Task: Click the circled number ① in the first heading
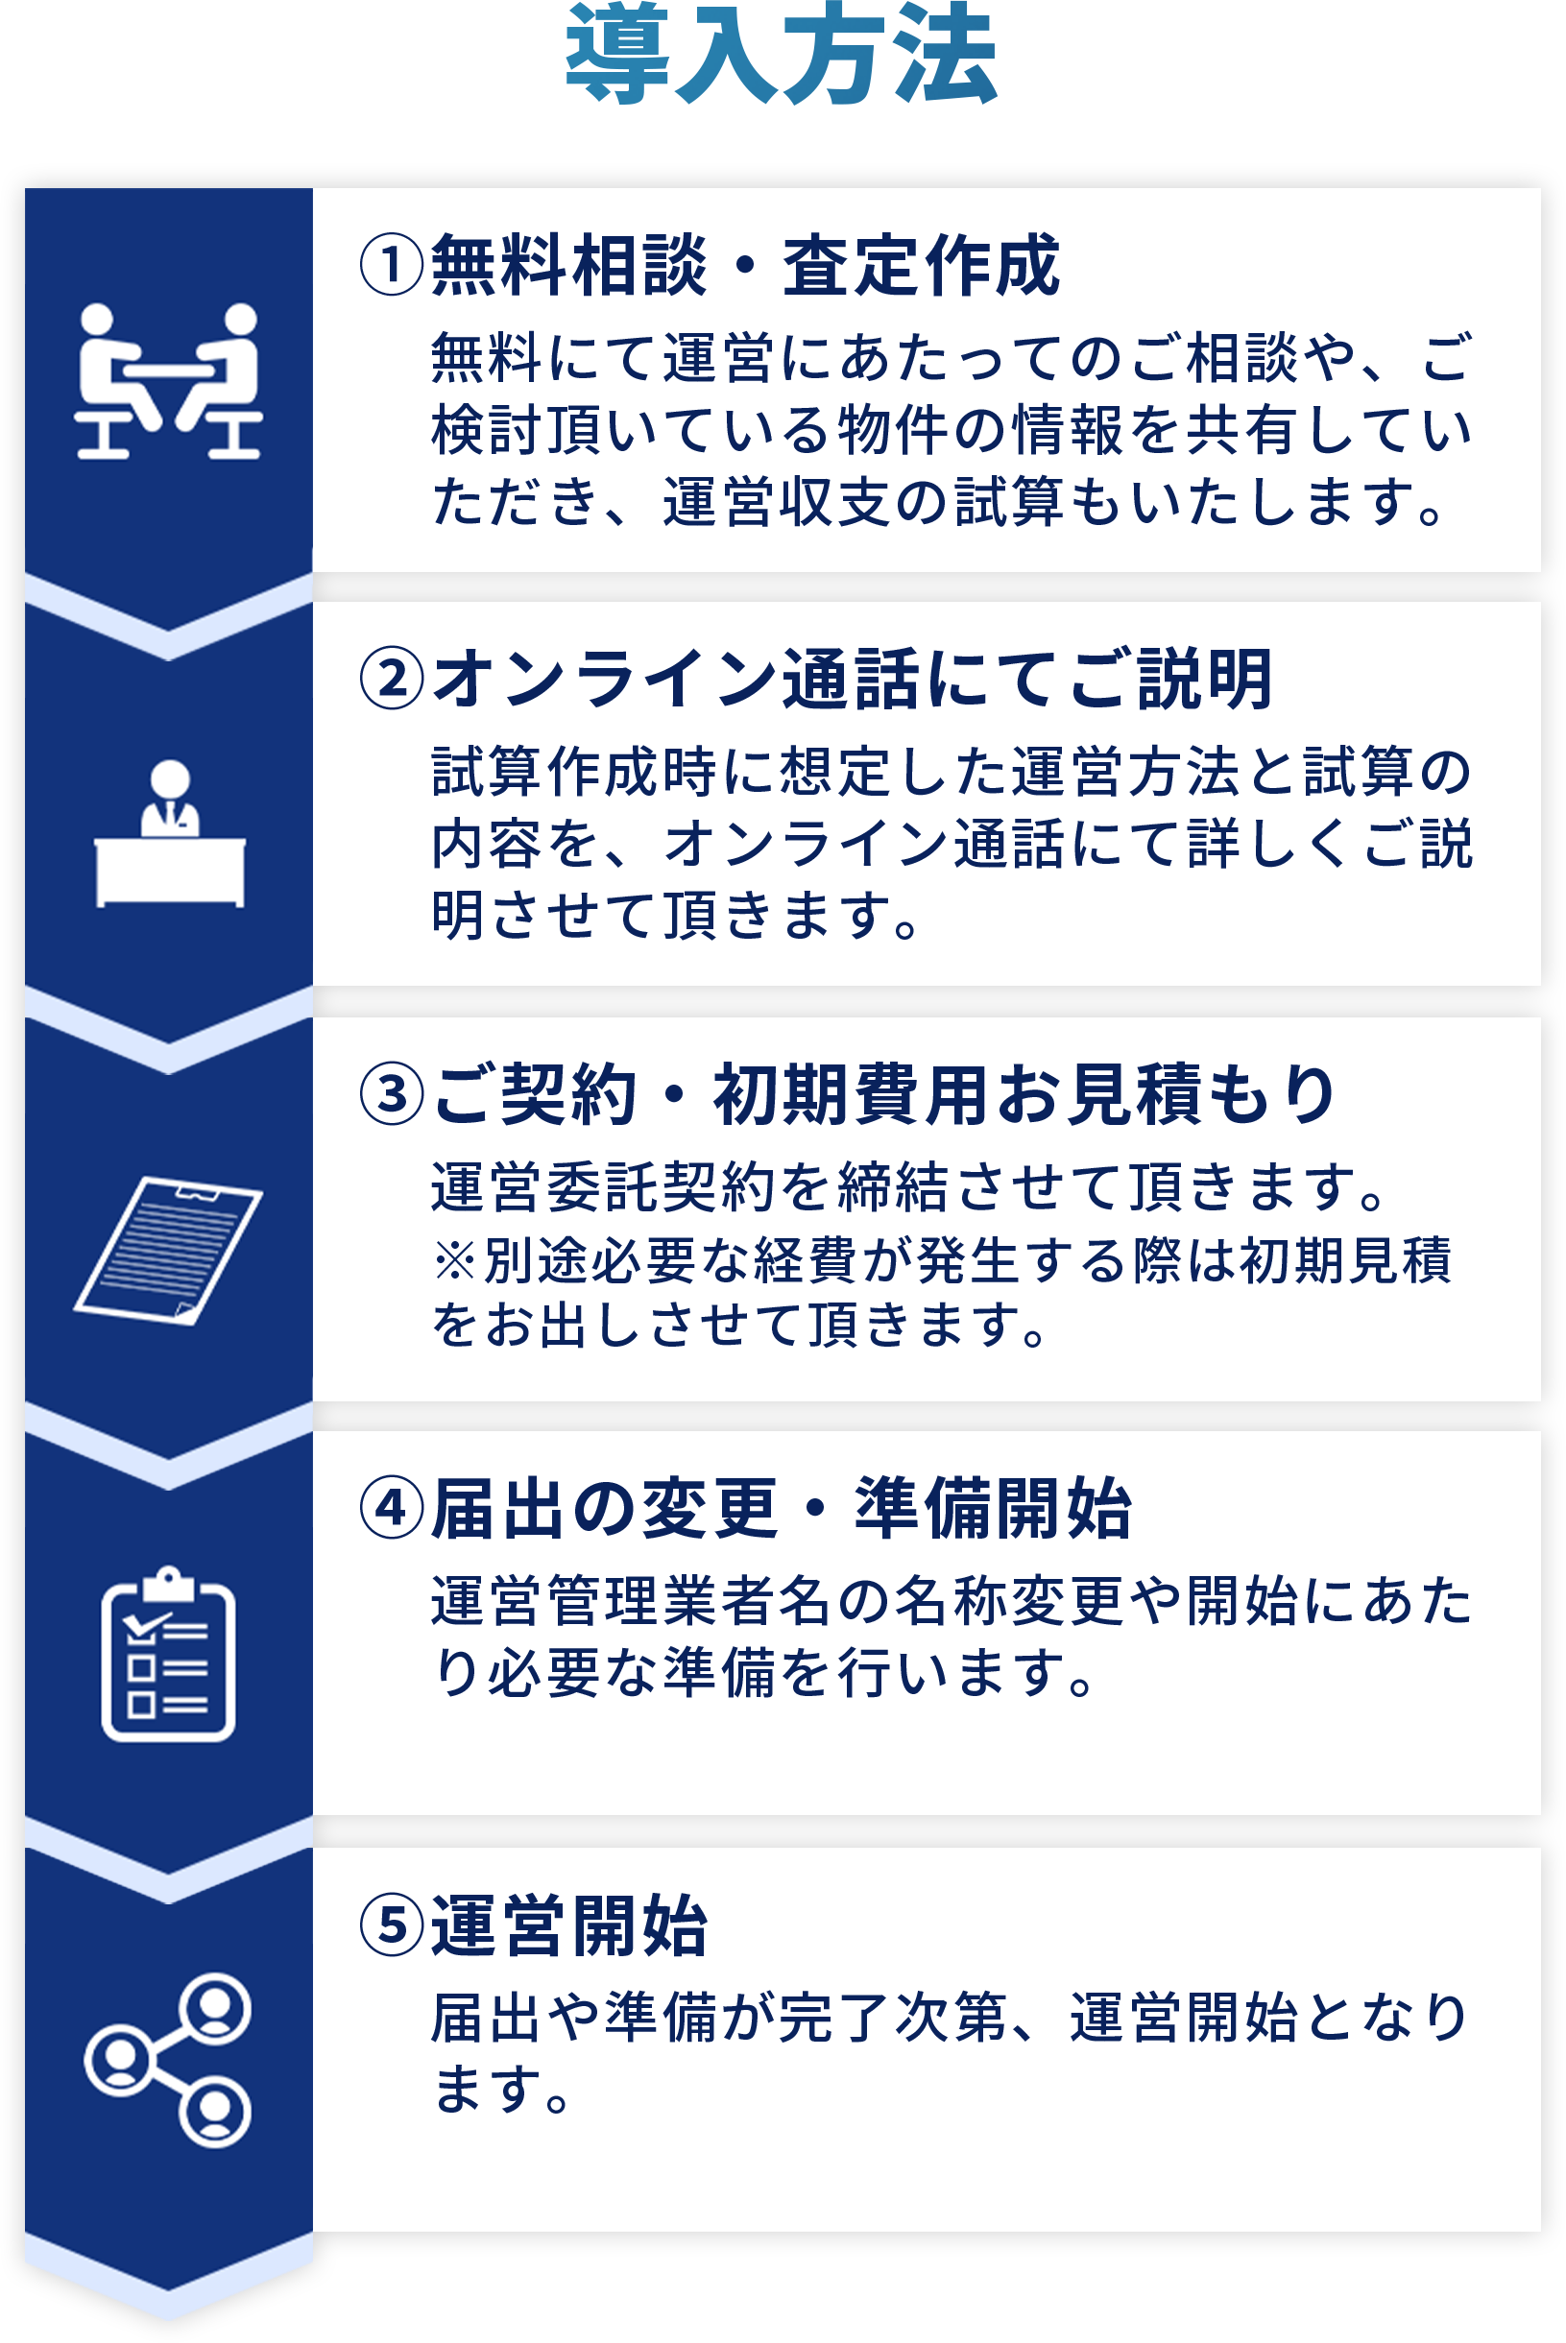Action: (x=392, y=265)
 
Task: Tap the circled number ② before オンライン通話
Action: (x=392, y=679)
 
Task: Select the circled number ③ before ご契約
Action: (x=392, y=1094)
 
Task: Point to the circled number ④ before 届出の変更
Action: (x=392, y=1509)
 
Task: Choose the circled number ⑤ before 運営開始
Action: (x=392, y=1925)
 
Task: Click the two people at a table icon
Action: (x=168, y=381)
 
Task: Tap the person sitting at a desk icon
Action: (x=170, y=833)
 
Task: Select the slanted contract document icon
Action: (x=168, y=1250)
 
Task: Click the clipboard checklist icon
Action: (x=168, y=1657)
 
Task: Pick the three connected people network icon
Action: (x=168, y=2061)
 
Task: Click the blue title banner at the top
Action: (x=781, y=53)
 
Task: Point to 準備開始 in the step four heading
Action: (x=993, y=1510)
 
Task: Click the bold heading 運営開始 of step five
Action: (x=569, y=1925)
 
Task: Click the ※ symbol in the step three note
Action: (x=455, y=1260)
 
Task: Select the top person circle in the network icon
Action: (x=215, y=2008)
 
